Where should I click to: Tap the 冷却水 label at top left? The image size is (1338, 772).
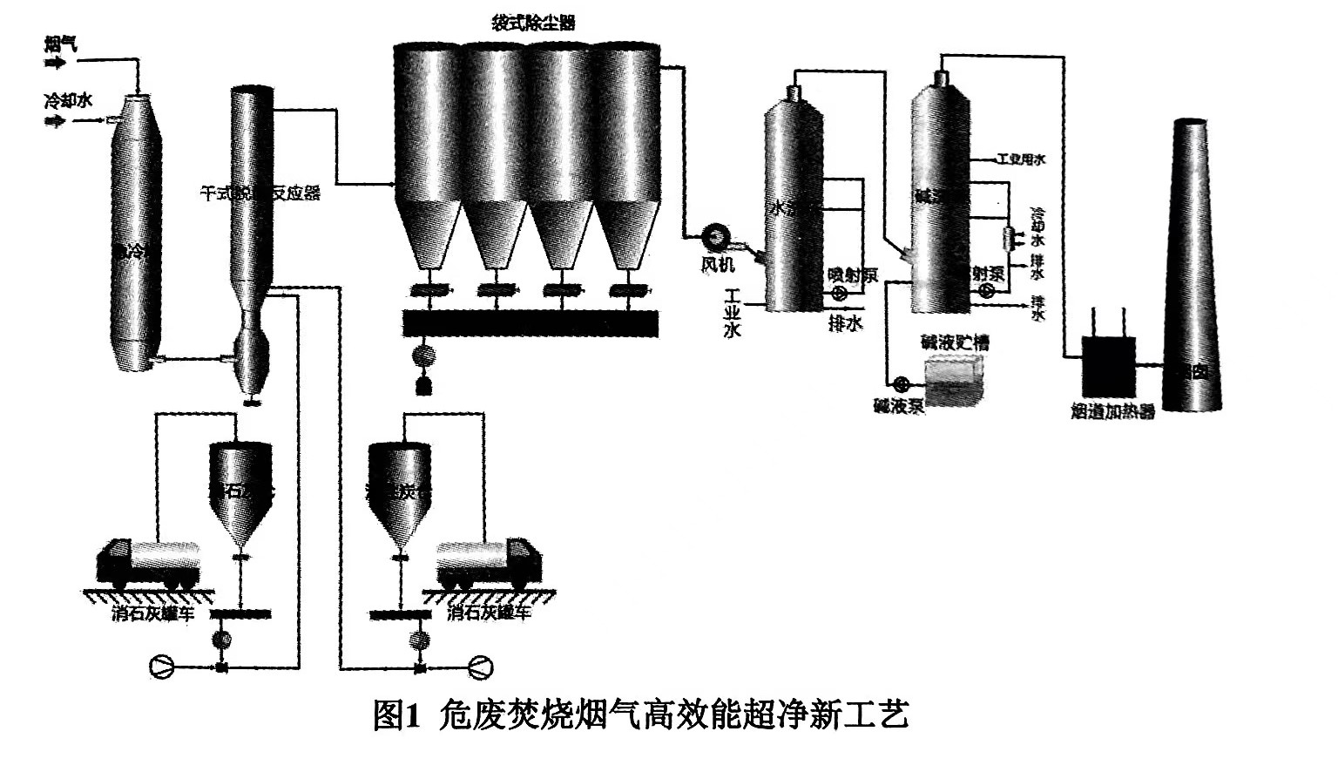[68, 101]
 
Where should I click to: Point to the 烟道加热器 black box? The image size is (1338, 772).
[1107, 365]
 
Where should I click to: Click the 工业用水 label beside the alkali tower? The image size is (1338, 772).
[1021, 159]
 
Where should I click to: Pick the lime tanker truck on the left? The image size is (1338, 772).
[149, 563]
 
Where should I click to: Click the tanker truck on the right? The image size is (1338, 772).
[489, 563]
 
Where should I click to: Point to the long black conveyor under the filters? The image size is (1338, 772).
[530, 323]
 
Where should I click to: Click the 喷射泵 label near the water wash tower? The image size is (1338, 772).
[852, 276]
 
